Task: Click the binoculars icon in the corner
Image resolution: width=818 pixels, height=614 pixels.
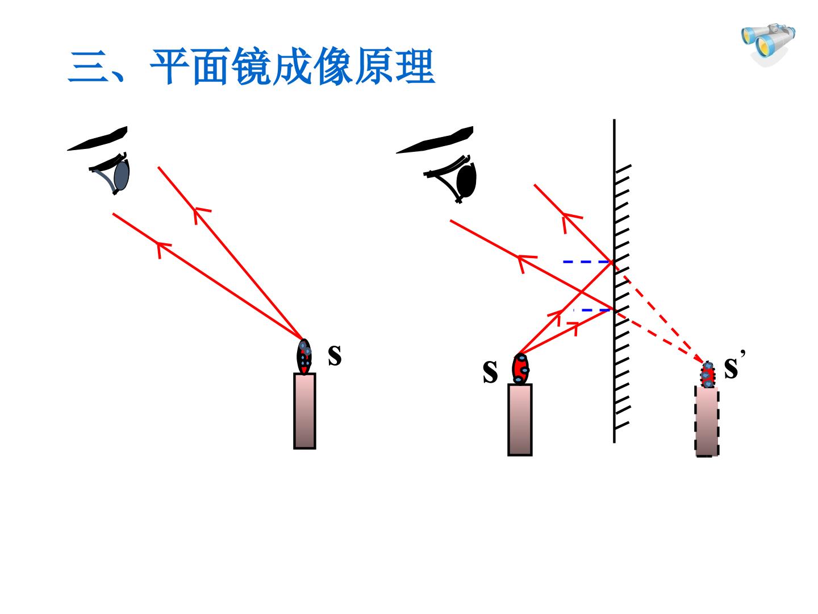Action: click(769, 44)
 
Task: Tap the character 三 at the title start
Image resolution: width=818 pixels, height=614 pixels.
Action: click(87, 67)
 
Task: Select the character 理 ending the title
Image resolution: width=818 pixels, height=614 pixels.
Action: click(415, 67)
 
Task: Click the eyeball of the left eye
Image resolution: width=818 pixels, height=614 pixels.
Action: click(122, 175)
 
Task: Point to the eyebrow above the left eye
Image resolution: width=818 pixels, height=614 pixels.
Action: click(98, 139)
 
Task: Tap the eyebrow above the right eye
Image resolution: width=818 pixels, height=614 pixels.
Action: click(435, 140)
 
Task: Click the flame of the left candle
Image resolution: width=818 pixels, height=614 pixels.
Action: click(304, 356)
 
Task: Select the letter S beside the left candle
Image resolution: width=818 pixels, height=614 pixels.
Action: click(335, 356)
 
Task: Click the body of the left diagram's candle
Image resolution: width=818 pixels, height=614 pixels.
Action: click(304, 411)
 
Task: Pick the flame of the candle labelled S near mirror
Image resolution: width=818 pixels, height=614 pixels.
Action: click(520, 369)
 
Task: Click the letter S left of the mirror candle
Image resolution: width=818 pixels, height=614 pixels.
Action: click(490, 371)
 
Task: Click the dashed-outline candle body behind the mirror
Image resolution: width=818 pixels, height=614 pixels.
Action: click(707, 421)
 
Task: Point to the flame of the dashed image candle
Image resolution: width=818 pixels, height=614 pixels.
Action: click(707, 375)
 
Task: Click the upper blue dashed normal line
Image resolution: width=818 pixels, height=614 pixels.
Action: click(587, 262)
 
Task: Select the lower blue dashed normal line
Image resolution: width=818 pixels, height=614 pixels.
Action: click(592, 310)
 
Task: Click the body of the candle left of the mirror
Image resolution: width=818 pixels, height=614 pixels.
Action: click(520, 420)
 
